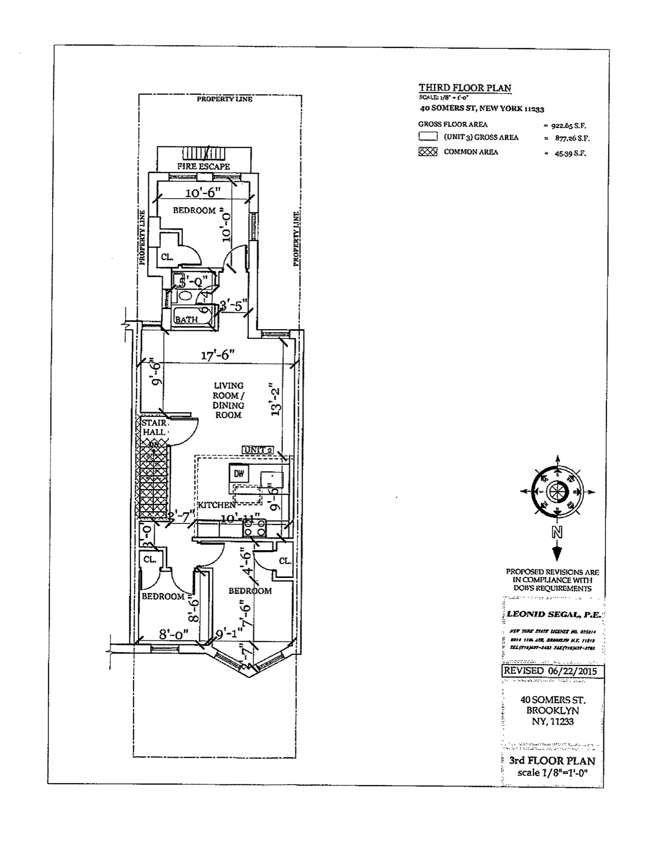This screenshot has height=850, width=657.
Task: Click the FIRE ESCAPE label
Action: click(x=204, y=166)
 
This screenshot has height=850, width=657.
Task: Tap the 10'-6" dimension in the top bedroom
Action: click(x=203, y=193)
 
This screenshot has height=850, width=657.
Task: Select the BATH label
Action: click(x=186, y=319)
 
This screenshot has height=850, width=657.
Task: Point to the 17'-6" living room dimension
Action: click(x=218, y=354)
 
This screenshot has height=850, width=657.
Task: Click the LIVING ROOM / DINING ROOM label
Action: click(x=228, y=400)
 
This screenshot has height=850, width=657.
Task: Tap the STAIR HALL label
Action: click(x=154, y=428)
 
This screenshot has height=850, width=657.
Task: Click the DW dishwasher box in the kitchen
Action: click(x=239, y=472)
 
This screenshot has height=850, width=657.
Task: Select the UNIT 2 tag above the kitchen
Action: click(x=258, y=450)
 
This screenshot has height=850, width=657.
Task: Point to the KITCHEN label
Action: click(x=216, y=505)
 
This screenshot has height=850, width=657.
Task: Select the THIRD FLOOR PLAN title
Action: click(x=465, y=88)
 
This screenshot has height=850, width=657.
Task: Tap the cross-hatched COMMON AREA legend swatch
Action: click(x=428, y=152)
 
